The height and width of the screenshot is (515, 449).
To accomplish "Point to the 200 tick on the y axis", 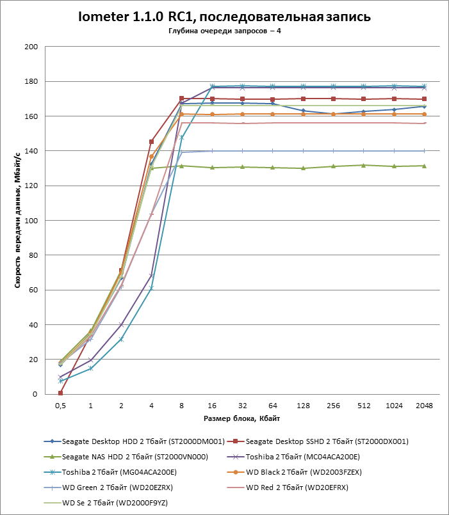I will pyautogui.click(x=31, y=47).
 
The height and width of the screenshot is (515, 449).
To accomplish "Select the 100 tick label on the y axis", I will pyautogui.click(x=31, y=221).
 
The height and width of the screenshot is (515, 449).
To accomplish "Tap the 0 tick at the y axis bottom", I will pyautogui.click(x=35, y=394).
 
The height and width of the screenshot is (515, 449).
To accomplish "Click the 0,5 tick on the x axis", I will pyautogui.click(x=60, y=406).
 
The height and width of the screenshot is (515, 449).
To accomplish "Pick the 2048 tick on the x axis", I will pyautogui.click(x=425, y=406).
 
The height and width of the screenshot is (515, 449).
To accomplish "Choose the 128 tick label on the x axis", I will pyautogui.click(x=303, y=406).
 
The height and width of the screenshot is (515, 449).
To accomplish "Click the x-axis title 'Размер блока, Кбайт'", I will pyautogui.click(x=242, y=418).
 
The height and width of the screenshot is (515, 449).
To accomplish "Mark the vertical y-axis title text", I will pyautogui.click(x=18, y=221).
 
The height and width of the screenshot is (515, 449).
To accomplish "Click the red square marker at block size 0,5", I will pyautogui.click(x=60, y=393).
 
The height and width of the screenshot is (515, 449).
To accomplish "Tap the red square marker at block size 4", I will pyautogui.click(x=151, y=141).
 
